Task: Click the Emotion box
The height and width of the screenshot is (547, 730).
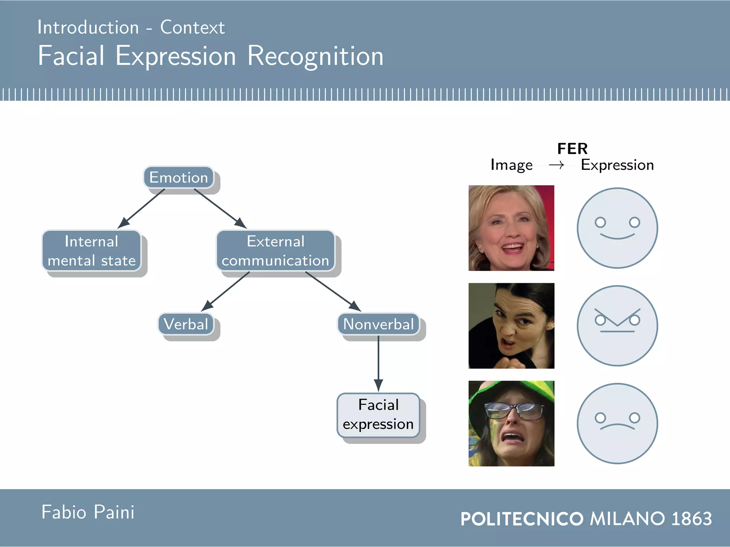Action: click(179, 177)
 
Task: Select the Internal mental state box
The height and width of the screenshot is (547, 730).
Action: click(92, 251)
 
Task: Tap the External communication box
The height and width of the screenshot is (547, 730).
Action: click(276, 251)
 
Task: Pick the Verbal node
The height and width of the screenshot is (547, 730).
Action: click(186, 324)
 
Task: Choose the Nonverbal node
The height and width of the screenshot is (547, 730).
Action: click(379, 324)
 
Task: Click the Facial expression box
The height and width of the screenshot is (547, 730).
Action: click(378, 415)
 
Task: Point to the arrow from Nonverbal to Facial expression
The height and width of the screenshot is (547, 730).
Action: click(379, 363)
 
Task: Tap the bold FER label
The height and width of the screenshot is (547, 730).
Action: click(572, 149)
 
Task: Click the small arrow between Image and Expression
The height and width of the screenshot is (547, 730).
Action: click(556, 165)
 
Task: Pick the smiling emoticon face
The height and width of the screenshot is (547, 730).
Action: click(617, 228)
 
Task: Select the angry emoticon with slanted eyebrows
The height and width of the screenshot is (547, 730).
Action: click(617, 325)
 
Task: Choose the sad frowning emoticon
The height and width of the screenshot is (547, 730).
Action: click(617, 423)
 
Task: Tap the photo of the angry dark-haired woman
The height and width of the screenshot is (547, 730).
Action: click(511, 325)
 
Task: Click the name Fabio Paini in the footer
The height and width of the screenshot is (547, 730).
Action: click(88, 512)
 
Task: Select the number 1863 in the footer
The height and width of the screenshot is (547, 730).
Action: click(692, 519)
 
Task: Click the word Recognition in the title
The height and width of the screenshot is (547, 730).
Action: click(315, 56)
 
